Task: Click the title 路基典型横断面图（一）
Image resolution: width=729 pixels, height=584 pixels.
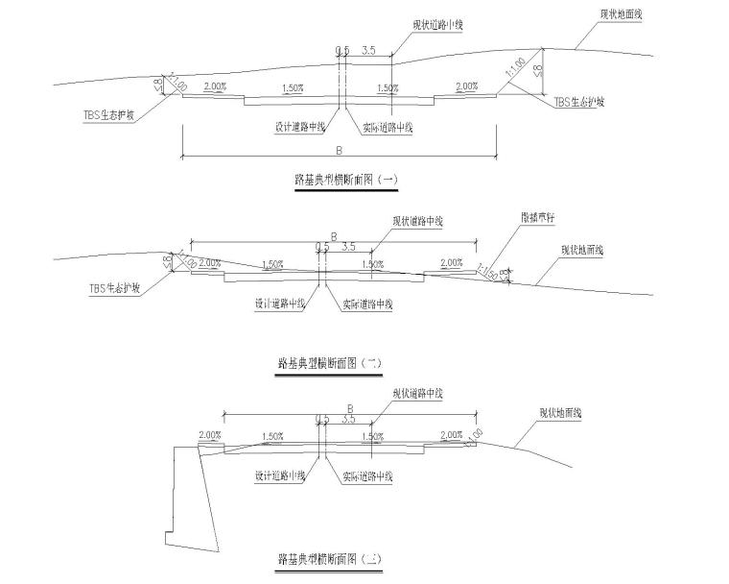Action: (x=345, y=179)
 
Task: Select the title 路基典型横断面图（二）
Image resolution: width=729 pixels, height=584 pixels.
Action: (x=329, y=363)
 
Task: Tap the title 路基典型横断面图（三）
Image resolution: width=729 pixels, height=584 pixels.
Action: (x=329, y=557)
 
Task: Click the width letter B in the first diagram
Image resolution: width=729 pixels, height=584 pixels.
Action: (x=339, y=149)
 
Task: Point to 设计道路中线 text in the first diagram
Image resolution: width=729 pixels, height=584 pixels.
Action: (x=299, y=126)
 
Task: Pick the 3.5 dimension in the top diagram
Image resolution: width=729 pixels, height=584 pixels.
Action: (x=369, y=48)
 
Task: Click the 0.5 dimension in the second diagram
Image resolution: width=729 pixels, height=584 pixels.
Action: (x=321, y=246)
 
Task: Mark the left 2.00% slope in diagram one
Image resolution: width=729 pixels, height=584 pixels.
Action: (x=215, y=86)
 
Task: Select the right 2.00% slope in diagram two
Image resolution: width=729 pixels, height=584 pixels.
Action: (x=451, y=262)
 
